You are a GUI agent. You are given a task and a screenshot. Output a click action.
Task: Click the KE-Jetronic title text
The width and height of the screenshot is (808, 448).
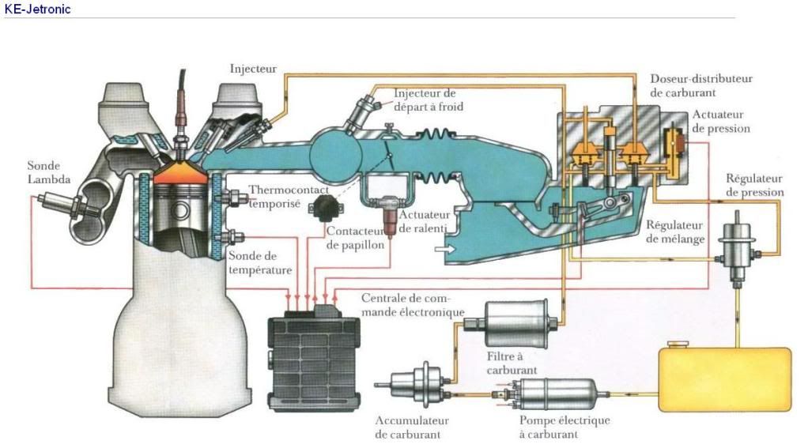pos(38,9)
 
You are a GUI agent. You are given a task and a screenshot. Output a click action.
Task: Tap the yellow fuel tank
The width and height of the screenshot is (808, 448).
pos(724,378)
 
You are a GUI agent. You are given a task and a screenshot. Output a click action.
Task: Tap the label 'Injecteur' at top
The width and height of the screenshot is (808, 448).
pos(253,69)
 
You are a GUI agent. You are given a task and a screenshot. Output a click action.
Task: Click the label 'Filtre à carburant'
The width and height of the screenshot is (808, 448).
pos(512,363)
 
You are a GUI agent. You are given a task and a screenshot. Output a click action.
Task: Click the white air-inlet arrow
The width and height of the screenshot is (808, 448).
pos(445,249)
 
